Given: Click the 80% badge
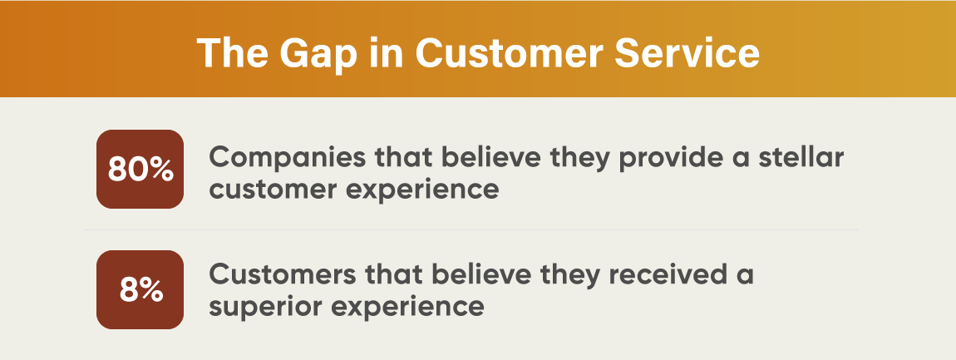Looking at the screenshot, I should tap(140, 170).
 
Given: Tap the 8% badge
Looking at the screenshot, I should tap(140, 290).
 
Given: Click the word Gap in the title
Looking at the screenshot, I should tap(306, 52).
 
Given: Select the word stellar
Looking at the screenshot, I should tap(794, 156).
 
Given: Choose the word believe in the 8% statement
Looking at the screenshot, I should tap(476, 274).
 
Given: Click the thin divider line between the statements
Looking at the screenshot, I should tap(471, 229).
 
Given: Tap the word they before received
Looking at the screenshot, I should tap(564, 274).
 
